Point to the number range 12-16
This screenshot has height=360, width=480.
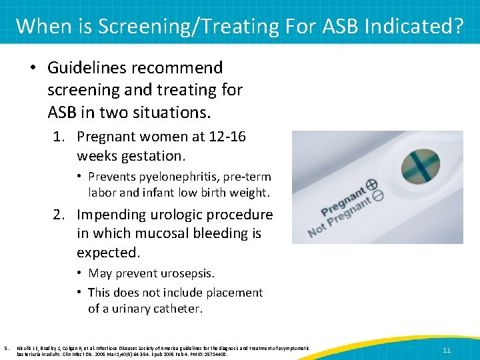pyautogui.click(x=227, y=137)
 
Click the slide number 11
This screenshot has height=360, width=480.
pyautogui.click(x=447, y=349)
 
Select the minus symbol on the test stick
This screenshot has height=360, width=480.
pyautogui.click(x=378, y=195)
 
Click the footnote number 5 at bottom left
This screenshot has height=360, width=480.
pyautogui.click(x=5, y=347)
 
